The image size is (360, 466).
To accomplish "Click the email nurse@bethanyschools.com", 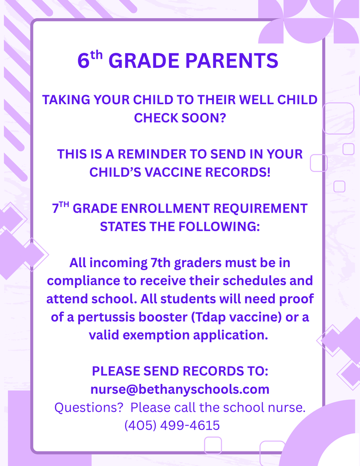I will point(180,390).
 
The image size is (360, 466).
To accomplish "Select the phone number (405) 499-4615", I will point(172,425).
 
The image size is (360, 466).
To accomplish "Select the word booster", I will point(167,317).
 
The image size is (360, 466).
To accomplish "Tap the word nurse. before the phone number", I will point(286,407).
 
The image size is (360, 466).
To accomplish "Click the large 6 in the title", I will point(83,61).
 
